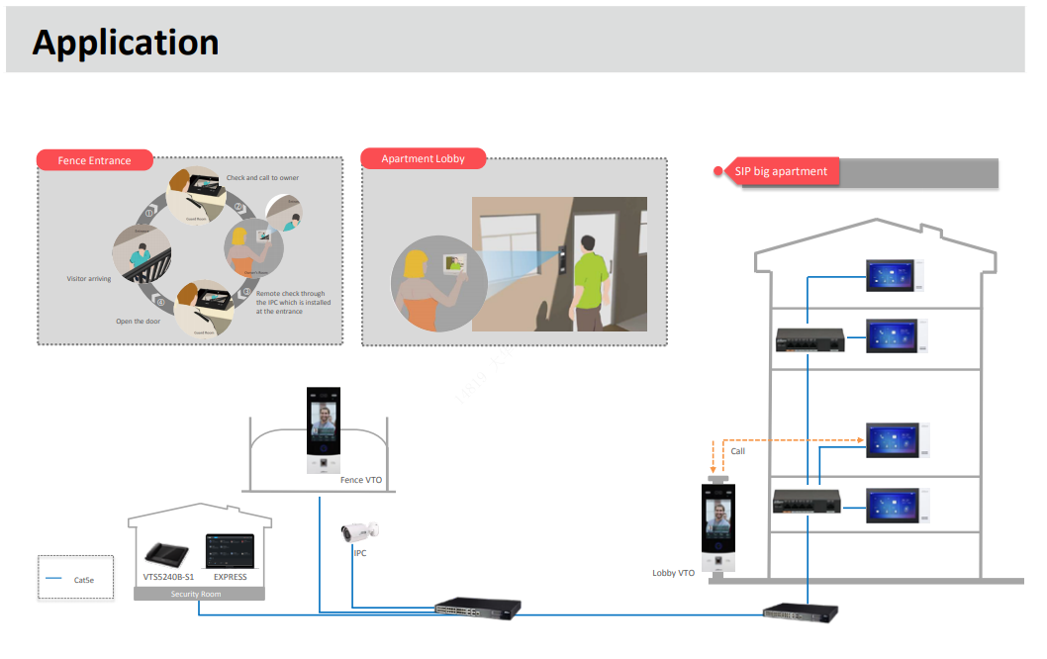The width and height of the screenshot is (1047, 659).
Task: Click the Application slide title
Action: [126, 43]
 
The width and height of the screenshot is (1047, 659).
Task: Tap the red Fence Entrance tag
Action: [95, 160]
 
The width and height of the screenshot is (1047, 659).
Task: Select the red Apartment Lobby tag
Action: [423, 158]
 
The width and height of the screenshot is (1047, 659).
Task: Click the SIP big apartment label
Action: [781, 171]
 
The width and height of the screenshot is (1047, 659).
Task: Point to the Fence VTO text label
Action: [361, 480]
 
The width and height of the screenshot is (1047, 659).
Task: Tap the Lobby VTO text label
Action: [673, 573]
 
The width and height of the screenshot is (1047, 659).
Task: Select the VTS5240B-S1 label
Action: [168, 577]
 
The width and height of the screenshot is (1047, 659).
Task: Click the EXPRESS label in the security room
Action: [231, 577]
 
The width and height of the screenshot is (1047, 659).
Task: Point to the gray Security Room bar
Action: [197, 594]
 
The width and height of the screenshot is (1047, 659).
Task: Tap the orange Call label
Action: [737, 451]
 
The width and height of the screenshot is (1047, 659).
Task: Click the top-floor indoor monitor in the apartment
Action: [895, 275]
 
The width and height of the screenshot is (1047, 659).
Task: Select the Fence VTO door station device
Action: [324, 431]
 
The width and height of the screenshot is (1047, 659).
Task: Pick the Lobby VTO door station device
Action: [718, 528]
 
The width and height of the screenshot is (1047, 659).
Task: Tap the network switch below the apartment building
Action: [801, 612]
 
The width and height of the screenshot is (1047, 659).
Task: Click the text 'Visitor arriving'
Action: [89, 279]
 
